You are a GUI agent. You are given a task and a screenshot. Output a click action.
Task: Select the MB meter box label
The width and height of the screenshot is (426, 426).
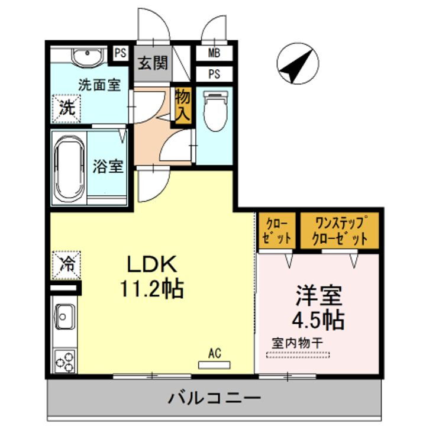tap(214, 53)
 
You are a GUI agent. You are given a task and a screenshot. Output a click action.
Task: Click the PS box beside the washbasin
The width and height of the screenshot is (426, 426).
tap(121, 53)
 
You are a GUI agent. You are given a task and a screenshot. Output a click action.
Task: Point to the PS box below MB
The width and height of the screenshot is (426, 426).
tap(214, 75)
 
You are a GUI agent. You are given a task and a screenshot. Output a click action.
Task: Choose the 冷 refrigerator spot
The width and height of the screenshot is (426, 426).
tap(66, 264)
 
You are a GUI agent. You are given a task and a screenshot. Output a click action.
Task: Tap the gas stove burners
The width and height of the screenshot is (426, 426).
tap(65, 360)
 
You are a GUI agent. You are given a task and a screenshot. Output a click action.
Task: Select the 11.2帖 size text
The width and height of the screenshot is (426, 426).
tap(151, 289)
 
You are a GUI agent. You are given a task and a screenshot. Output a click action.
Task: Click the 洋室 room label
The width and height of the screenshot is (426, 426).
tap(317, 295)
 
